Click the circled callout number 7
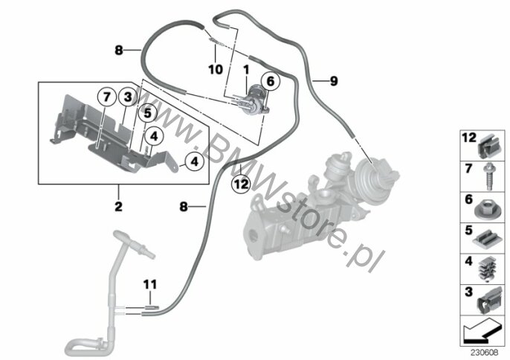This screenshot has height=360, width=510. click(107, 97)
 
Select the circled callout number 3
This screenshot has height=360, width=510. click(128, 97)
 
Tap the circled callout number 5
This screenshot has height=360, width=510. click(147, 113)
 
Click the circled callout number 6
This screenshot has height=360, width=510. click(271, 81)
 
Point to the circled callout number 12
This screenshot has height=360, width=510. click(241, 184)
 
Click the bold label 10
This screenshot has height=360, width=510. click(216, 69)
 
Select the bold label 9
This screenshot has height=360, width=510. click(334, 81)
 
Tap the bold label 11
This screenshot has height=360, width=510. click(150, 284)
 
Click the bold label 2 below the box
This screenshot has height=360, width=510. click(118, 206)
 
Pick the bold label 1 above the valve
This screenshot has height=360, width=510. click(246, 69)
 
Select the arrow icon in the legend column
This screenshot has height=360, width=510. click(482, 331)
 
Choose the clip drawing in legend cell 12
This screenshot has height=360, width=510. click(490, 147)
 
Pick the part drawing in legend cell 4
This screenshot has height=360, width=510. click(487, 269)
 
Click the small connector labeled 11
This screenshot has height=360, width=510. click(151, 307)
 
